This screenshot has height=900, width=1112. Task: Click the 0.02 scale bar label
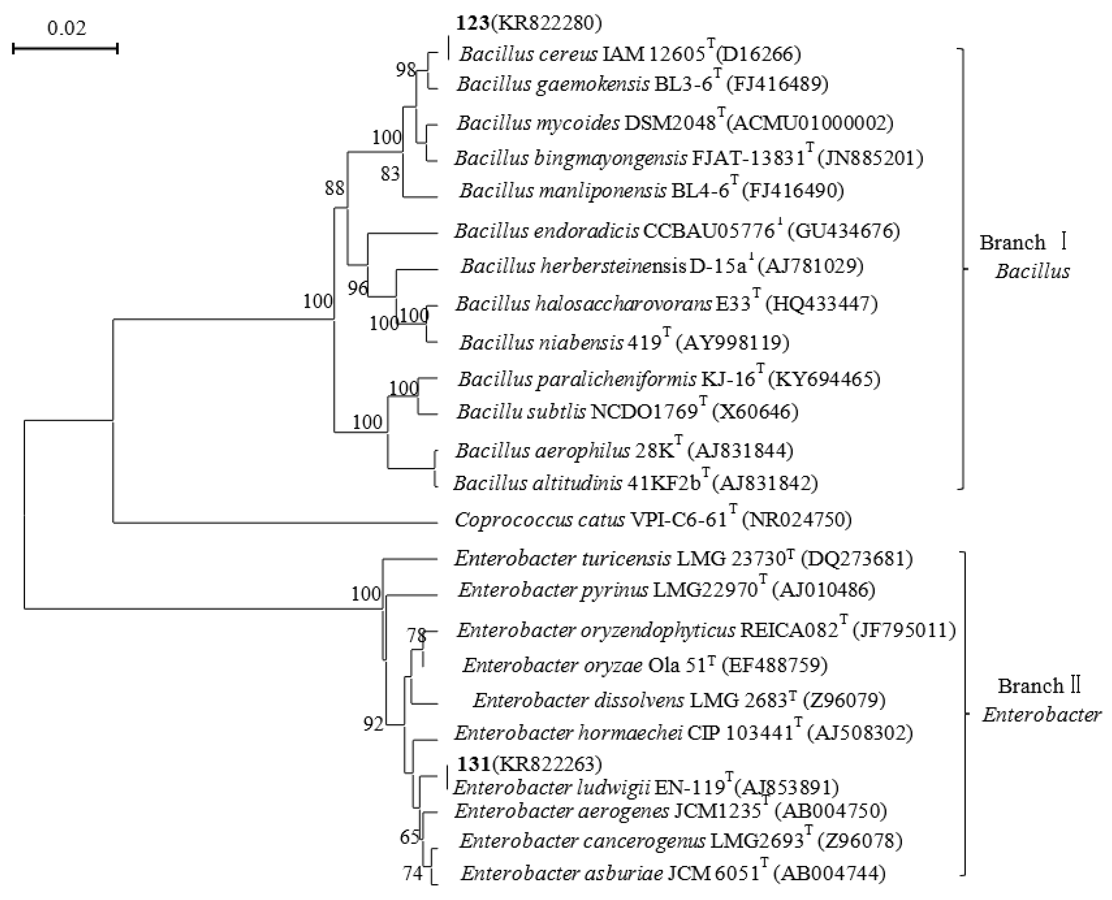67,27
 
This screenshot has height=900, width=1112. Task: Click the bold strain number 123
472,23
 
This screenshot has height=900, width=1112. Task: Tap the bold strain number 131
473,764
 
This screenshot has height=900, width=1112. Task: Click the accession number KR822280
547,23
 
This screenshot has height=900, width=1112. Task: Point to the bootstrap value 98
405,69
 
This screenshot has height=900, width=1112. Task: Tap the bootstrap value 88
334,188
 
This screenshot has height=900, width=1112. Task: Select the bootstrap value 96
357,288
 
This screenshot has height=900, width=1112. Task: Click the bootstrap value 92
373,724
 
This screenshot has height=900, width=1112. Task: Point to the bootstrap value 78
416,635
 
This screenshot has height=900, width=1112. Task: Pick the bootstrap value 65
409,837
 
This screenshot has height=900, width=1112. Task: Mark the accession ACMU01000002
810,123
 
